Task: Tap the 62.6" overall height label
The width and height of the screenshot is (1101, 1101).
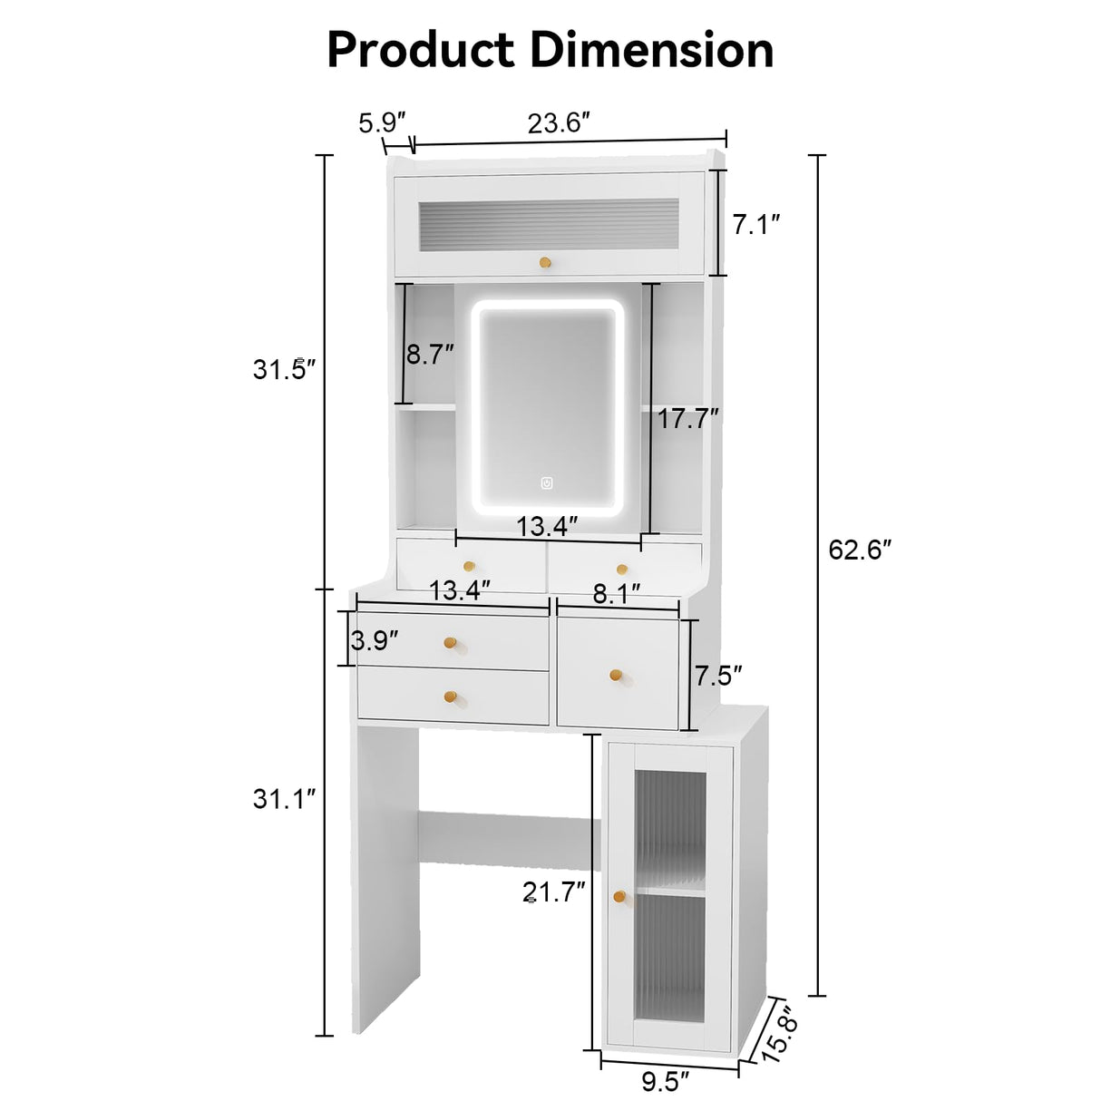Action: [x=860, y=550]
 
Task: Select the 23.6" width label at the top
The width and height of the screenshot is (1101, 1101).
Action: [x=559, y=122]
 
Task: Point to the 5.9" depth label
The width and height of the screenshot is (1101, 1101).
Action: [x=382, y=122]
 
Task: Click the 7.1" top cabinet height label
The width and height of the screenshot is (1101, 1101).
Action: [x=756, y=225]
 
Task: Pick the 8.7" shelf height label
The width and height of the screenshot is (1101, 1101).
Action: [x=430, y=355]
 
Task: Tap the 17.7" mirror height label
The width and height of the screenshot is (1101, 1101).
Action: [x=688, y=419]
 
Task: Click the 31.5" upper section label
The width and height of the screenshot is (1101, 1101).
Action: [x=285, y=370]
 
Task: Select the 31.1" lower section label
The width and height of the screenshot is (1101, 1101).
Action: [x=285, y=799]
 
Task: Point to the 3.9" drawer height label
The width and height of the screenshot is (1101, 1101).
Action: [x=375, y=640]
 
